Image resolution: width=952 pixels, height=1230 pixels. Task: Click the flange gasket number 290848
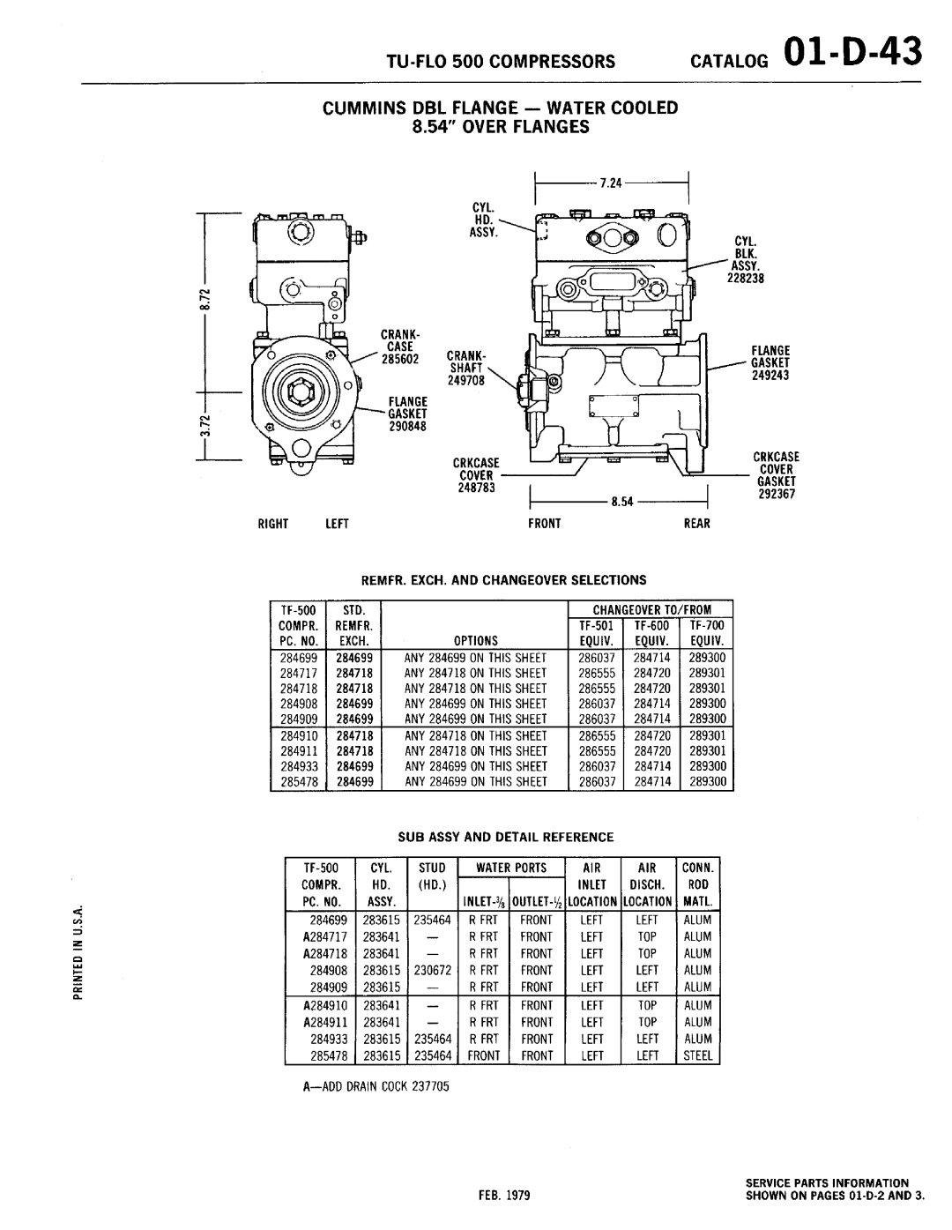[404, 426]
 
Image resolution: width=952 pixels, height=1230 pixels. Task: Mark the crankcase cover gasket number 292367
[776, 494]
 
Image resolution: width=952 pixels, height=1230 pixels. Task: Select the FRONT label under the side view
[545, 524]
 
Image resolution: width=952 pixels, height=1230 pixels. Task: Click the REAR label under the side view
[696, 524]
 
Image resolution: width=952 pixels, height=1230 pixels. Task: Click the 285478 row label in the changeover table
[299, 782]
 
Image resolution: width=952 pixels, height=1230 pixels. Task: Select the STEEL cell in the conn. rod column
[698, 1055]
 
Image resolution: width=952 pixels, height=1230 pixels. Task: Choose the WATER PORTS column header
[512, 868]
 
